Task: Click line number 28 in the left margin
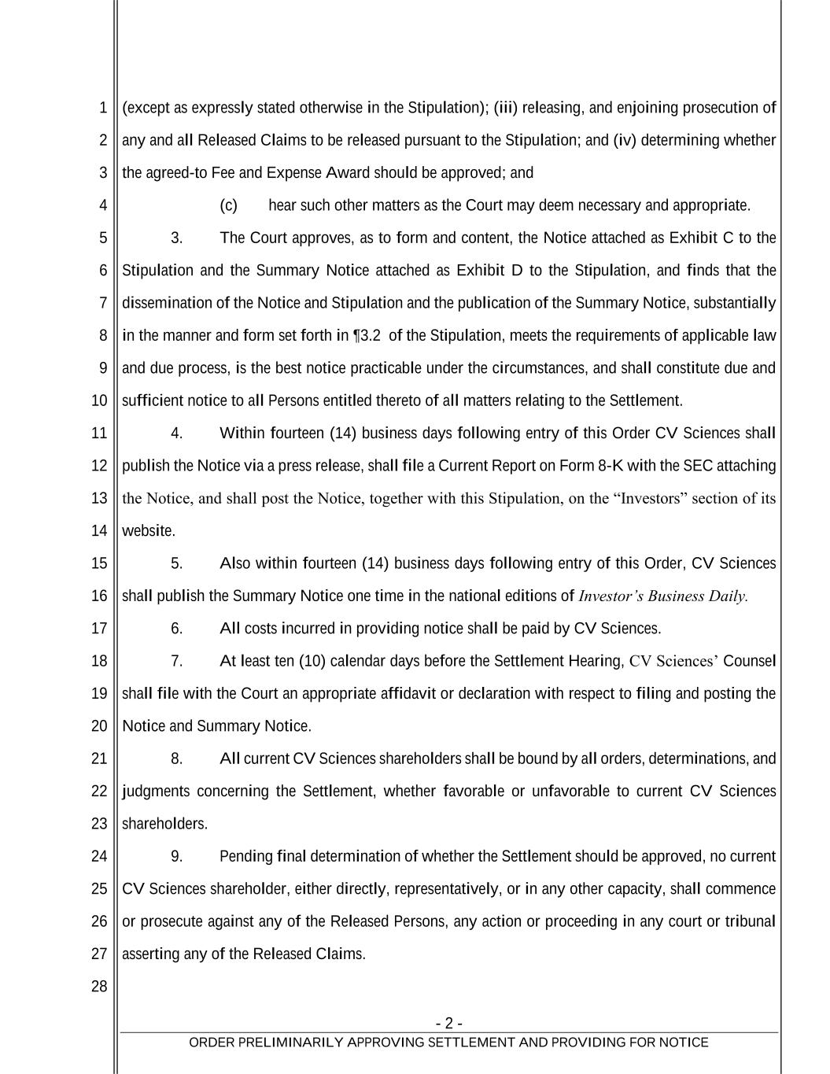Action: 99,987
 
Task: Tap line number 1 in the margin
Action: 103,108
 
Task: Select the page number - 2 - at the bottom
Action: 448,1023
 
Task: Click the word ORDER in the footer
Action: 211,1043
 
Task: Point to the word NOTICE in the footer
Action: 684,1043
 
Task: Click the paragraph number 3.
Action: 176,238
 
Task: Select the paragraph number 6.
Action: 176,629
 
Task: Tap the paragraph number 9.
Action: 176,856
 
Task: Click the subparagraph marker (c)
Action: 228,205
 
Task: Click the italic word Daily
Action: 728,596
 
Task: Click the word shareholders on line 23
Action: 164,824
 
